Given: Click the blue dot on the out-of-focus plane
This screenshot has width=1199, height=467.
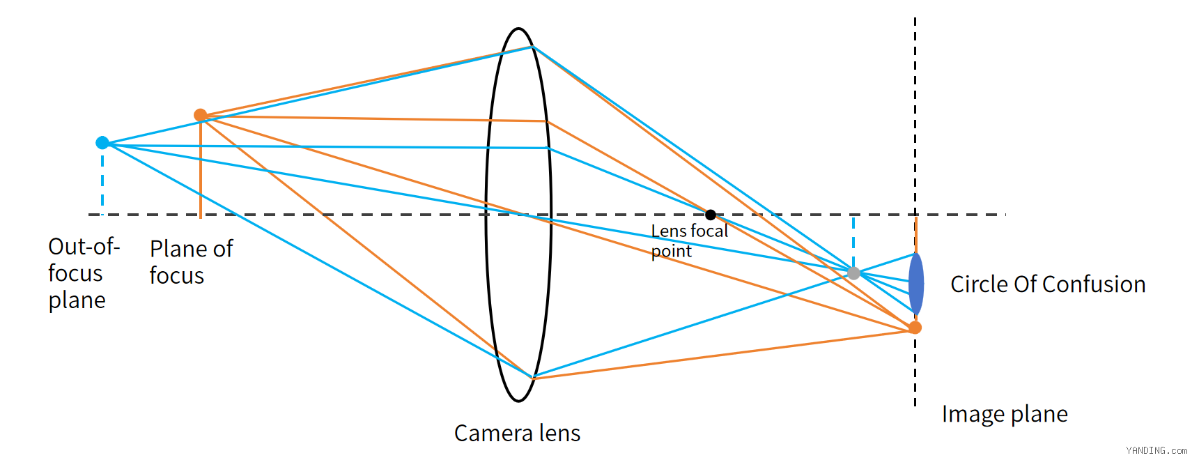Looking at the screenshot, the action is pyautogui.click(x=102, y=143).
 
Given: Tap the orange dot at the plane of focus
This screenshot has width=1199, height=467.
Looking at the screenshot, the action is pyautogui.click(x=201, y=115).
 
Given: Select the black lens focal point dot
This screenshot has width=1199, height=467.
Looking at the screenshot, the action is pyautogui.click(x=711, y=215).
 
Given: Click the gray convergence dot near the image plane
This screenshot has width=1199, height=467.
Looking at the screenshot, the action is pyautogui.click(x=853, y=273).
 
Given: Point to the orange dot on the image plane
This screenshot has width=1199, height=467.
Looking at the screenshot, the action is pyautogui.click(x=915, y=328).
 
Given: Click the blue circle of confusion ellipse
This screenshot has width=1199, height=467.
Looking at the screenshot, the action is pyautogui.click(x=916, y=284).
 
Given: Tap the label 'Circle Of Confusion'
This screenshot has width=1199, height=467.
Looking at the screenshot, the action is pyautogui.click(x=1048, y=284).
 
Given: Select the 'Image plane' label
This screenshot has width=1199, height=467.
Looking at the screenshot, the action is pyautogui.click(x=1005, y=415).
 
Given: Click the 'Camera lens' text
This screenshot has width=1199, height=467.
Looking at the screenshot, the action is pyautogui.click(x=517, y=434).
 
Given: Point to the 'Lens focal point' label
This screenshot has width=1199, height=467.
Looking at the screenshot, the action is pyautogui.click(x=689, y=240).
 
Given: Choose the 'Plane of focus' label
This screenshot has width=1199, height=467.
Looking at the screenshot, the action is pyautogui.click(x=192, y=262).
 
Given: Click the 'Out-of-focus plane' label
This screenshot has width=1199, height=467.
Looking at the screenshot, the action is pyautogui.click(x=84, y=273).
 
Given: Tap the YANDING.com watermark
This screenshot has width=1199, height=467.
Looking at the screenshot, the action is pyautogui.click(x=1157, y=450).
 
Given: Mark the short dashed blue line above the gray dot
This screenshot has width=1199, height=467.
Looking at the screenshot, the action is pyautogui.click(x=853, y=241).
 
